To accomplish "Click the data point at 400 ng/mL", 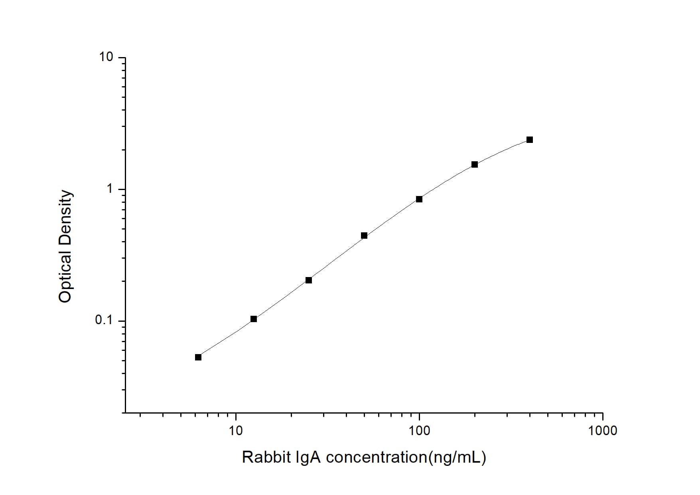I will [x=530, y=140].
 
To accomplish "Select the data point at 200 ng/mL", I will [x=475, y=164].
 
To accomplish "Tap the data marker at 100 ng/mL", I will [x=419, y=199].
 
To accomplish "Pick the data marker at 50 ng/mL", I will [x=364, y=236].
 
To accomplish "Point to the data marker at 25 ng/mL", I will [x=309, y=280].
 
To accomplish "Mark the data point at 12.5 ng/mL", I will [x=254, y=319].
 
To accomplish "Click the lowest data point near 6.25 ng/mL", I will [x=198, y=357].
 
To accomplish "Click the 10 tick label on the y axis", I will [x=106, y=57].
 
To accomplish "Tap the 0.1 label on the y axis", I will [x=104, y=321].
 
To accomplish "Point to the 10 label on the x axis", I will [x=236, y=431].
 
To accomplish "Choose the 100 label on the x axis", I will [x=419, y=431].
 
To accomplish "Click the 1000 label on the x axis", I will [x=602, y=431].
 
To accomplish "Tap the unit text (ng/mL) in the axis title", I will [x=457, y=457].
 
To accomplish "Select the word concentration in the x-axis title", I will [x=377, y=457].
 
